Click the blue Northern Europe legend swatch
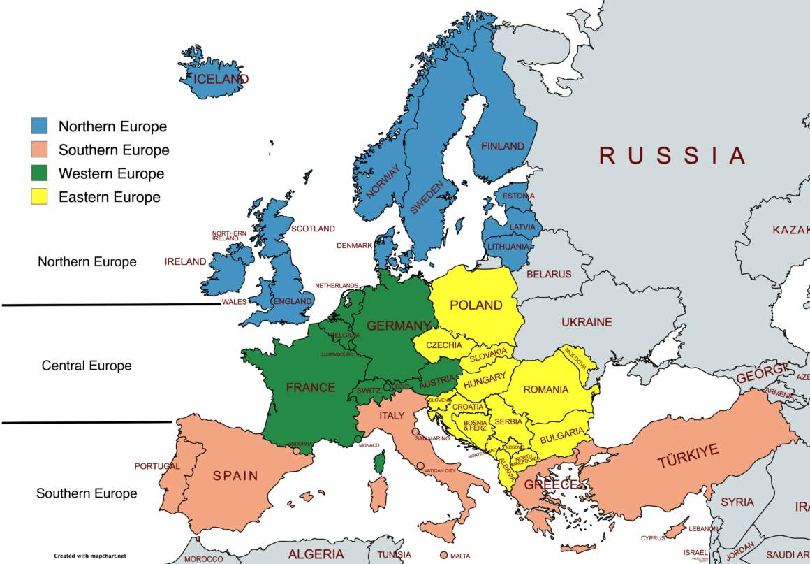(x=39, y=126)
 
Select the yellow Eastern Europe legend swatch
(x=39, y=196)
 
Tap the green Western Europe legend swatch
(x=39, y=173)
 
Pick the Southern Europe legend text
(x=113, y=150)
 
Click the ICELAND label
(x=221, y=79)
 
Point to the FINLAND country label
(x=502, y=146)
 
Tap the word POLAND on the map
(x=476, y=305)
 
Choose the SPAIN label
(x=235, y=476)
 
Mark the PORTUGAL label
(x=156, y=466)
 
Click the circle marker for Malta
(x=443, y=556)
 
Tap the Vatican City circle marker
(x=420, y=465)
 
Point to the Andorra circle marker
(x=296, y=451)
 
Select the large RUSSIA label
(x=672, y=155)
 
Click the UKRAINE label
(x=587, y=322)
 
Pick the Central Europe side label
(x=87, y=366)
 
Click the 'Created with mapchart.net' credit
(x=90, y=556)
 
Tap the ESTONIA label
(x=518, y=196)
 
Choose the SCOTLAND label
(x=313, y=229)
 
